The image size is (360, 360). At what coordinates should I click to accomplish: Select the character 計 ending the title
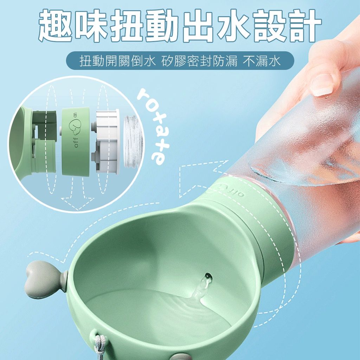[x=303, y=25]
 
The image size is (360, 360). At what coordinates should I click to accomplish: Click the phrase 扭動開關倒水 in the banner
[x=117, y=61]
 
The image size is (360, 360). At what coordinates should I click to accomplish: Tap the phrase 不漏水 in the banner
[x=262, y=61]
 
